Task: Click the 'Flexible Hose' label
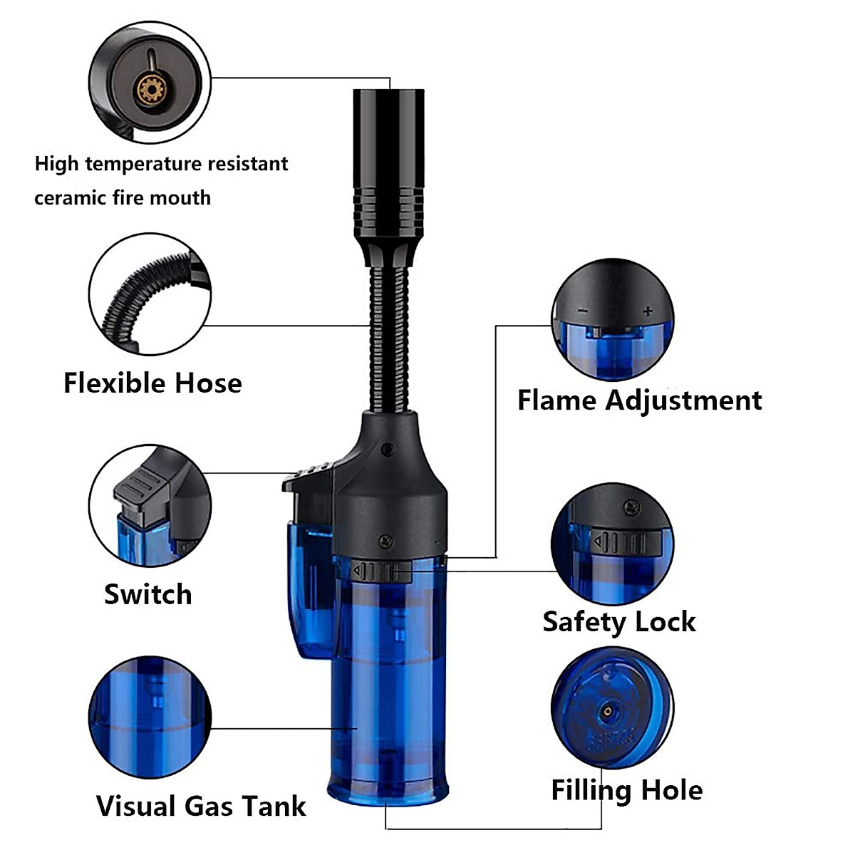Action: point(152,383)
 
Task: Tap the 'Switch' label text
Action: point(148,594)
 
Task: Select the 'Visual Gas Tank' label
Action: point(201,806)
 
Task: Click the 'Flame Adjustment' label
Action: point(639,400)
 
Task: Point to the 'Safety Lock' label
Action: point(618,621)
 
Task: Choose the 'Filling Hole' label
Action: point(626,790)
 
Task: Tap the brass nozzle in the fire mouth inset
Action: point(151,90)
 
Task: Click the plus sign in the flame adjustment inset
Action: point(647,311)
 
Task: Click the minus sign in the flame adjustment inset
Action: point(583,311)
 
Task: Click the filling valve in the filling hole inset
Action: point(607,710)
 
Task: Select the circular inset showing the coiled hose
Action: point(150,294)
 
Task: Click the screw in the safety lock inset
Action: point(630,508)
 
